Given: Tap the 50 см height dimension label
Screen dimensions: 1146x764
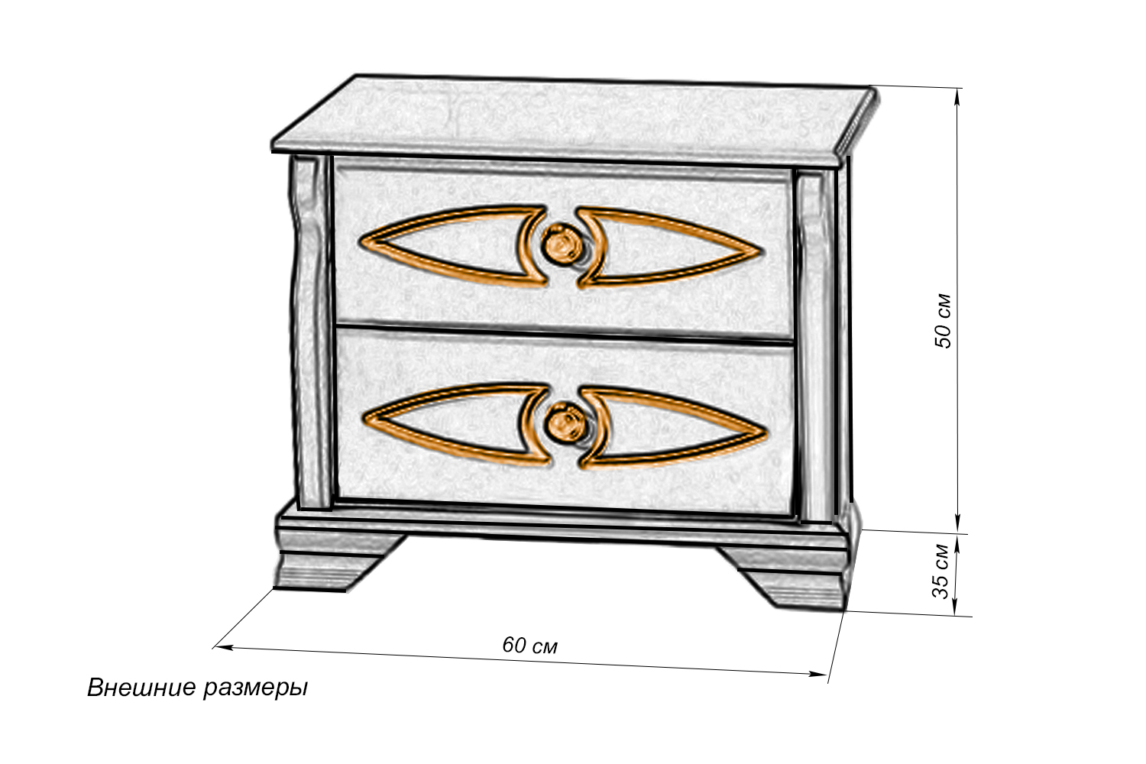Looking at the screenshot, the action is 943,322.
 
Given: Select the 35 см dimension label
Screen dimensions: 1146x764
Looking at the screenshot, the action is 940,571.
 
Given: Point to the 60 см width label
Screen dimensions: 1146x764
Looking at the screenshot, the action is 529,646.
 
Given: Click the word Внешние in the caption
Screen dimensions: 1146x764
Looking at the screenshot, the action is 141,688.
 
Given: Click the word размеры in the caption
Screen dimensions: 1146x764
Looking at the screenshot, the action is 256,689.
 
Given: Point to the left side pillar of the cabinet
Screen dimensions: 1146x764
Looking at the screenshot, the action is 310,332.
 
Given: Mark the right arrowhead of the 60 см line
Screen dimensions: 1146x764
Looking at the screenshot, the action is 818,674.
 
